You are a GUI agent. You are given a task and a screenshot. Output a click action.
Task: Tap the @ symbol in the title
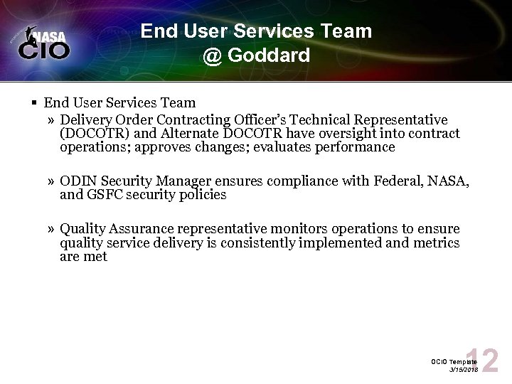(x=212, y=55)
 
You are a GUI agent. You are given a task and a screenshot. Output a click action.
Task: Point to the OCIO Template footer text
(x=452, y=362)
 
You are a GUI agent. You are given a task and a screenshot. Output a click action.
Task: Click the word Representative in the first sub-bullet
(x=403, y=119)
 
